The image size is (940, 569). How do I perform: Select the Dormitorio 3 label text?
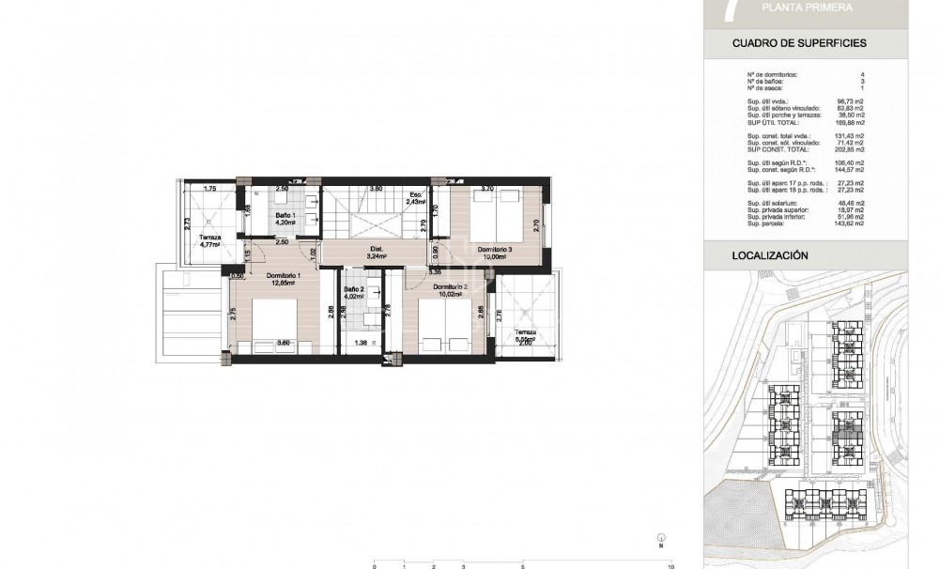[494, 250]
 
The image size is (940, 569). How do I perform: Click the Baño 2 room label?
[352, 289]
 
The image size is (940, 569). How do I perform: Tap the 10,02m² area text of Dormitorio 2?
[450, 292]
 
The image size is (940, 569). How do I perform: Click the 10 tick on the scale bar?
[670, 567]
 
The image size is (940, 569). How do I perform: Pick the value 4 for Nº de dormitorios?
[887, 74]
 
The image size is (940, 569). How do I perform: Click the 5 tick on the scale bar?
[522, 567]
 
